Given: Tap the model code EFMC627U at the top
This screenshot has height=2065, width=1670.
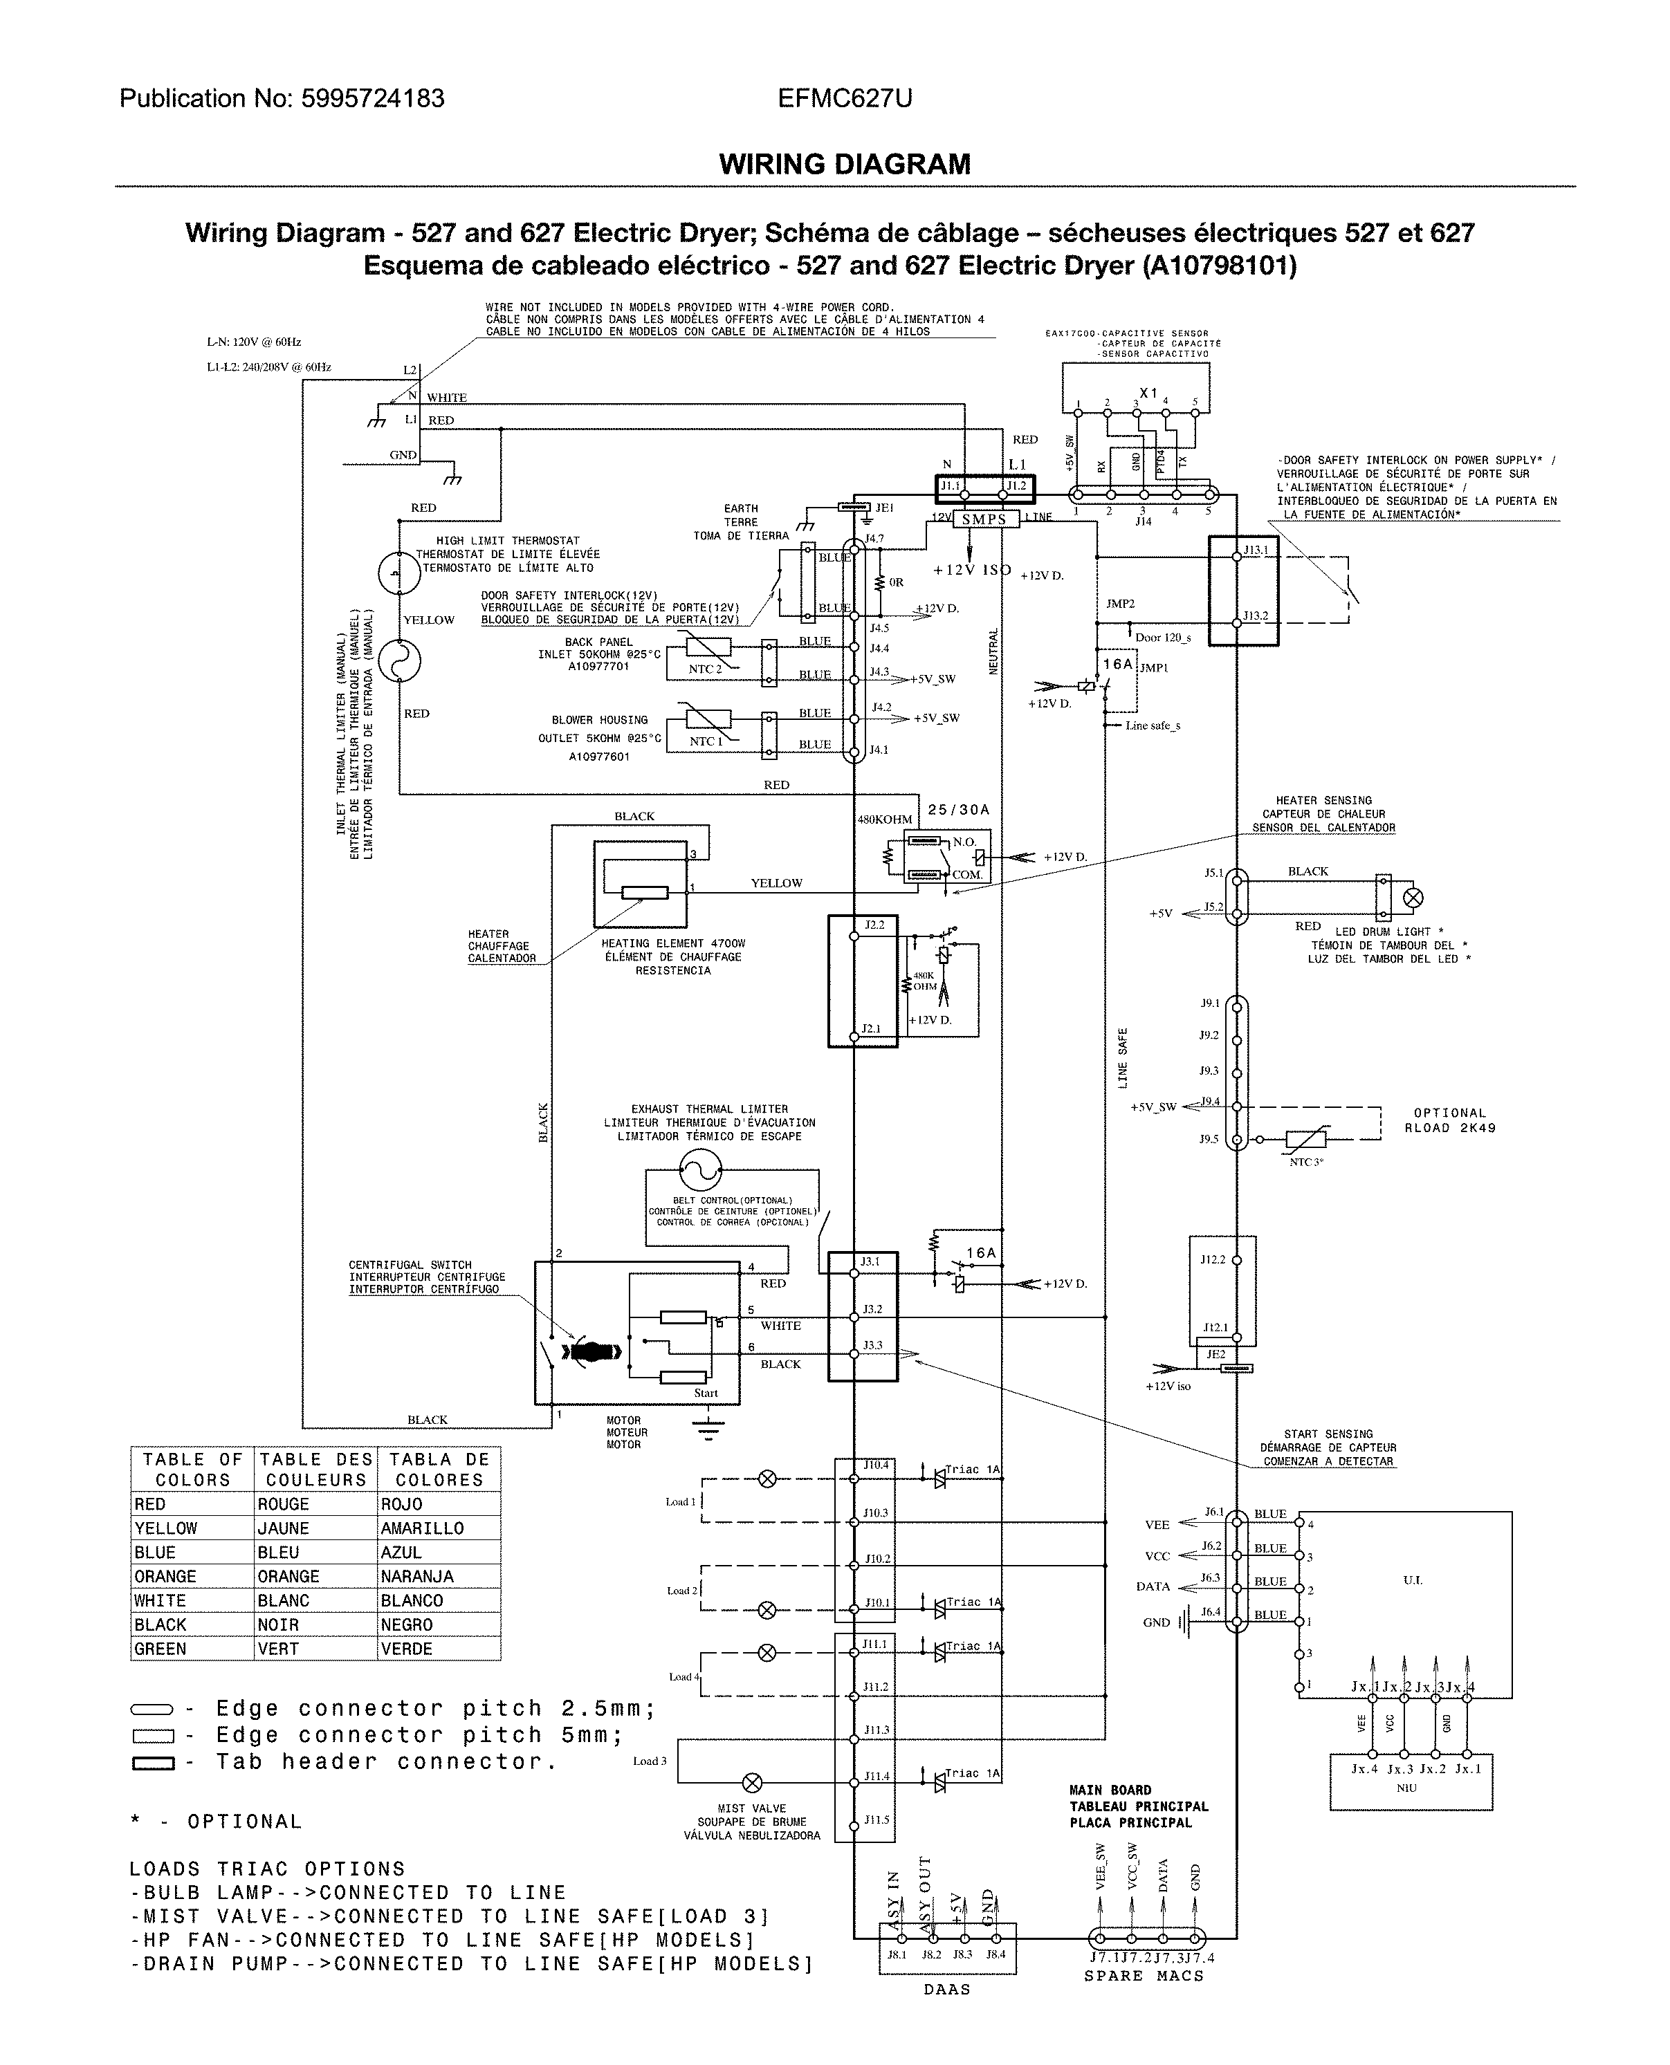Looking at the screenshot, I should [845, 98].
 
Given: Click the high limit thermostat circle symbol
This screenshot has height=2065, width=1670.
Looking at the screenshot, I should [399, 574].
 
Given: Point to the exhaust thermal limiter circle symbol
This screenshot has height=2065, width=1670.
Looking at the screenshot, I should [700, 1169].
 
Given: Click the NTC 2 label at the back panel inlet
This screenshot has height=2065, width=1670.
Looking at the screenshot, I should [704, 669].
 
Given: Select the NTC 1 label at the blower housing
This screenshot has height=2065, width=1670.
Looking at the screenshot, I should [705, 741].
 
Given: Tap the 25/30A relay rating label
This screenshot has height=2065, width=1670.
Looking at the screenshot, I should [958, 810].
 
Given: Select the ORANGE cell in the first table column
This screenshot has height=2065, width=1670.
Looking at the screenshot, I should [165, 1576].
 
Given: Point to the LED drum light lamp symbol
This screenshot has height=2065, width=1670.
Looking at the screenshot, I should [1413, 898].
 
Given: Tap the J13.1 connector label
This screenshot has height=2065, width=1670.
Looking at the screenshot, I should [1256, 550].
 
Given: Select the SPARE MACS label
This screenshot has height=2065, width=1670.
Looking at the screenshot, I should [1144, 1976].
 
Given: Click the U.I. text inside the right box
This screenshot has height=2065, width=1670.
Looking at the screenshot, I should [1412, 1580].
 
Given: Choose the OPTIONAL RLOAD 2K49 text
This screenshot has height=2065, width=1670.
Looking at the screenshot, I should [1450, 1120].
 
